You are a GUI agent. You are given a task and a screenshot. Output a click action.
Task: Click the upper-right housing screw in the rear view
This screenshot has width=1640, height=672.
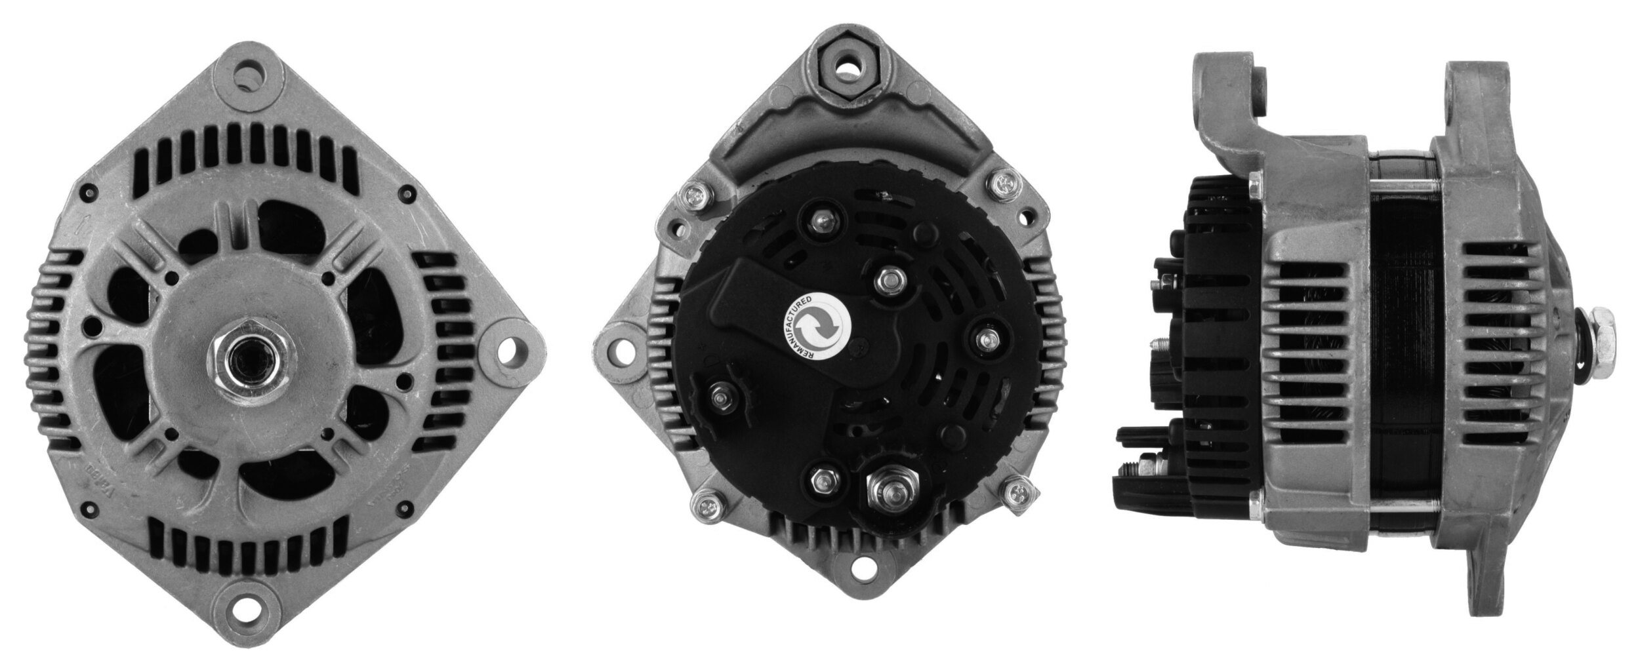click(x=1002, y=186)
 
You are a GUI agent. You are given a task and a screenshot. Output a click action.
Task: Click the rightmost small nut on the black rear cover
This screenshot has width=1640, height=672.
click(x=987, y=339)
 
